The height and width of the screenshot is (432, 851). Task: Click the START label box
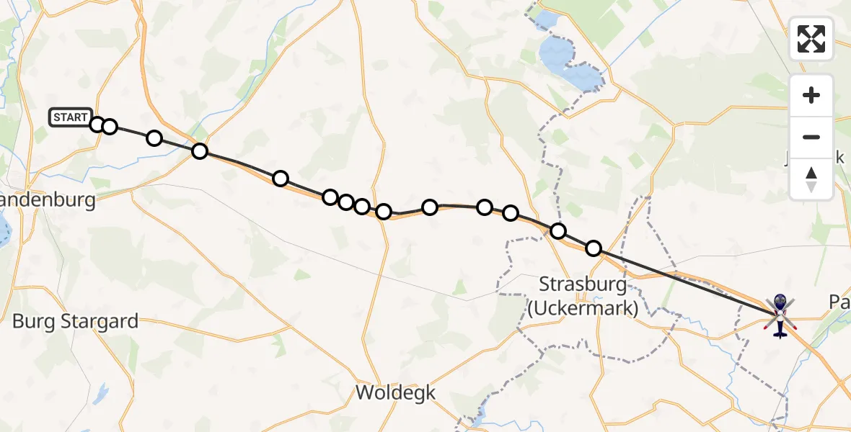click(x=71, y=117)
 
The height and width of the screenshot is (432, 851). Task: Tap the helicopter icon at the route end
click(x=780, y=315)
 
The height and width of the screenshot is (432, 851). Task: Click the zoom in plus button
click(x=811, y=95)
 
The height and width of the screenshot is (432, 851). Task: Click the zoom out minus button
click(x=811, y=137)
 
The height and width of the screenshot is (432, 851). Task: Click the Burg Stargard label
click(x=75, y=321)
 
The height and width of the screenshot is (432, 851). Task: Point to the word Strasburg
click(x=584, y=284)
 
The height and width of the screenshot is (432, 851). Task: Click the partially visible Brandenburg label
click(x=48, y=199)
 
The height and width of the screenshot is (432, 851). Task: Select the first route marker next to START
click(x=97, y=125)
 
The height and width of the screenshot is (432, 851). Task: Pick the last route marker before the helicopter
click(x=593, y=248)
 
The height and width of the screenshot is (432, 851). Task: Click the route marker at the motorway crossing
click(x=200, y=151)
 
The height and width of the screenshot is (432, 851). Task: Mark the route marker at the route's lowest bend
click(x=384, y=211)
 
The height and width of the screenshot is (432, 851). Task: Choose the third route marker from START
click(x=154, y=138)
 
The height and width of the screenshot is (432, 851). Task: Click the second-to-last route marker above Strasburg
click(x=558, y=231)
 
